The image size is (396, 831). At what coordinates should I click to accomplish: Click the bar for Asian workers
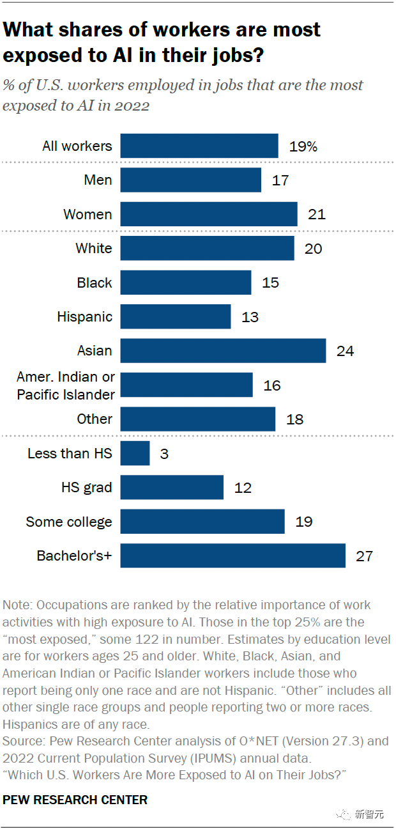pyautogui.click(x=223, y=351)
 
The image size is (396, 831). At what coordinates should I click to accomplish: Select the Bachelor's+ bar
pyautogui.click(x=232, y=556)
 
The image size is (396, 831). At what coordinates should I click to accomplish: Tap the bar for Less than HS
pyautogui.click(x=135, y=453)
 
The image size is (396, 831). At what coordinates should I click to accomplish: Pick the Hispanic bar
pyautogui.click(x=175, y=316)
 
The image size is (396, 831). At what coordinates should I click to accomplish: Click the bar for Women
pyautogui.click(x=208, y=214)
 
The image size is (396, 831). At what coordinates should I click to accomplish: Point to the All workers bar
pyautogui.click(x=199, y=146)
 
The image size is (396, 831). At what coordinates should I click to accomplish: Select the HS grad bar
pyautogui.click(x=172, y=488)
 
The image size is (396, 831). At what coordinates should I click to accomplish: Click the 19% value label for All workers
pyautogui.click(x=303, y=146)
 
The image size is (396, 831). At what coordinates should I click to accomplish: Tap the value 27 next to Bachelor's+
pyautogui.click(x=364, y=556)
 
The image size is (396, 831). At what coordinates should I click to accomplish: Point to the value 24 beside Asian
pyautogui.click(x=345, y=351)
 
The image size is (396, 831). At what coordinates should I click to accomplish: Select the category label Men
pyautogui.click(x=98, y=180)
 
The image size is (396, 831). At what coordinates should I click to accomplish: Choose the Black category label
pyautogui.click(x=95, y=283)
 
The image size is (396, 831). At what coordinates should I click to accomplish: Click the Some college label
pyautogui.click(x=69, y=522)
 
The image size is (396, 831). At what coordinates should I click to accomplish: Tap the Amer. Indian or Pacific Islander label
pyautogui.click(x=66, y=385)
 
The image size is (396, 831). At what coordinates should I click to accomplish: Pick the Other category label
pyautogui.click(x=95, y=419)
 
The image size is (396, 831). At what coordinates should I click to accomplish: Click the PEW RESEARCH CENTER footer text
pyautogui.click(x=75, y=800)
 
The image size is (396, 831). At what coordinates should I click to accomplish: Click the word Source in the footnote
pyautogui.click(x=22, y=742)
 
